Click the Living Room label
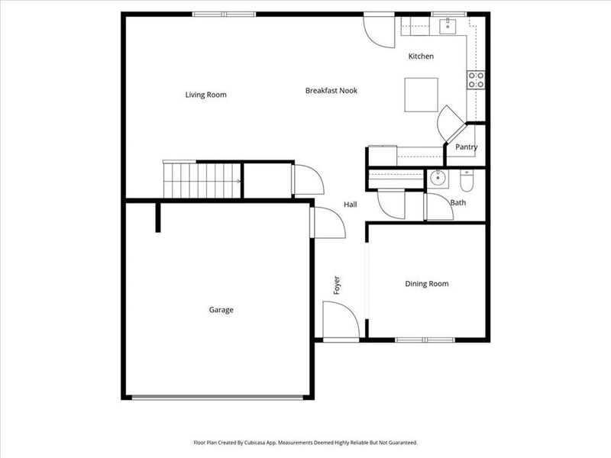coord(205,95)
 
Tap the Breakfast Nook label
coord(331,91)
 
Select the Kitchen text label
coord(421,56)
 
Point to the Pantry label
coord(466,147)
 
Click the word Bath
coord(457,203)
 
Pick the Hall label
coord(350,205)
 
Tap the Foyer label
coord(337,285)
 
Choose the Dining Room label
coord(426,284)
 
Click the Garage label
coord(221,310)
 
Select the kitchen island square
coord(421,95)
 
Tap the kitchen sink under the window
coord(447,27)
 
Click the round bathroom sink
coord(438,179)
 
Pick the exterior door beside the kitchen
coord(377,31)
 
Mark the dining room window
coord(425,339)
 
